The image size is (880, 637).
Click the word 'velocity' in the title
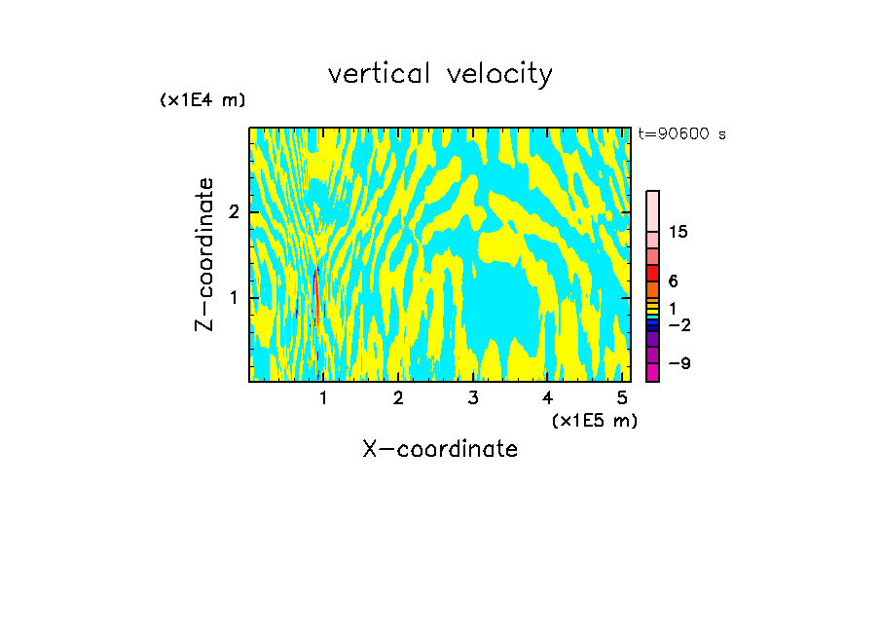(500, 74)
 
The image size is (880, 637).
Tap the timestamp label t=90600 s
(682, 134)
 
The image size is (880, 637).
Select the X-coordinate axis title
(440, 449)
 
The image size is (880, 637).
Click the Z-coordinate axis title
(204, 254)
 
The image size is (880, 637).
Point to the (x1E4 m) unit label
(202, 100)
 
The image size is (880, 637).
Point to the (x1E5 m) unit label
(594, 420)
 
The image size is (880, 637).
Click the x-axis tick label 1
(324, 398)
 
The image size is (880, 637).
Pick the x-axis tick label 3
(473, 398)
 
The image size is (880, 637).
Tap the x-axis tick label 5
(622, 398)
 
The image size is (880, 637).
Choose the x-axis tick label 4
(548, 398)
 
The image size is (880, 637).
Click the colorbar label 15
(679, 232)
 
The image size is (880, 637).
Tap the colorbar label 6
(674, 281)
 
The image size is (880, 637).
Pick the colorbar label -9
(679, 364)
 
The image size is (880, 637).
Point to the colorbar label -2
(679, 325)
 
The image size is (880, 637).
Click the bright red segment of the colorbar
(652, 273)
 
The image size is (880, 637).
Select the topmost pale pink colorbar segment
(652, 210)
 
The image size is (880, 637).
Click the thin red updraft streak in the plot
(316, 297)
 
